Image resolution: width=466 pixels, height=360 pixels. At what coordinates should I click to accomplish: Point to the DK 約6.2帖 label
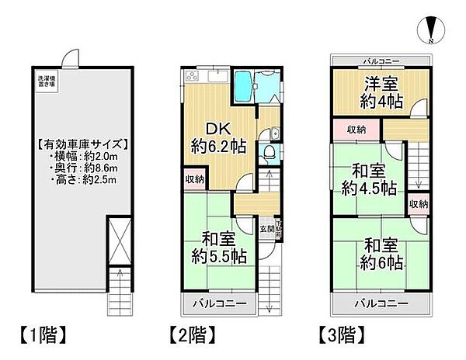tap(215, 137)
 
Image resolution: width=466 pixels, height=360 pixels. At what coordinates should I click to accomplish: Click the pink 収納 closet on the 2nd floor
tap(194, 179)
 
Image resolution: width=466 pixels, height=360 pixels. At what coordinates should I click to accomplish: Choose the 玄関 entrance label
tap(266, 227)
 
